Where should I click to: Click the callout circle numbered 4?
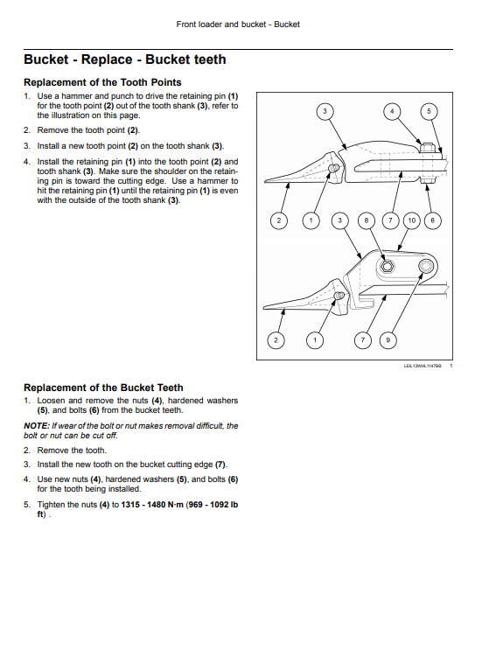[392, 111]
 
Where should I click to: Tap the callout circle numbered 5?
[429, 111]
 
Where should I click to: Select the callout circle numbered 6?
[432, 220]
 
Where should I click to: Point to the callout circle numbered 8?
[367, 220]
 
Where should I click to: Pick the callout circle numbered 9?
[388, 340]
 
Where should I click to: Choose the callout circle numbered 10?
[411, 220]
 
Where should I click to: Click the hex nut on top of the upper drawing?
[428, 148]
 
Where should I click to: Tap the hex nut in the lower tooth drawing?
[386, 267]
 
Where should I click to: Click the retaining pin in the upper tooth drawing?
[334, 170]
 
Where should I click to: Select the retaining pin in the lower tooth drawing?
[338, 295]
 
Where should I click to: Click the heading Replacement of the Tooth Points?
[102, 82]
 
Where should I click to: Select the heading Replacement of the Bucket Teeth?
[103, 388]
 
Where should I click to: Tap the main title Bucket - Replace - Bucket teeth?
[125, 59]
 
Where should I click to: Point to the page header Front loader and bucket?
[220, 24]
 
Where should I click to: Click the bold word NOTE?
[36, 425]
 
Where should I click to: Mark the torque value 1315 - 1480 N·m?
[152, 505]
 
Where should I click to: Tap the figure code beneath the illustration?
[423, 366]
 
